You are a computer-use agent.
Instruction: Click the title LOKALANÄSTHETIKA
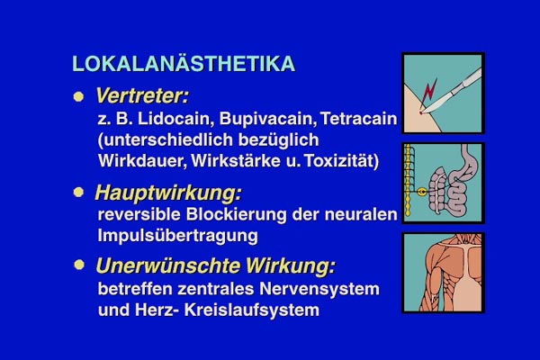pyautogui.click(x=184, y=63)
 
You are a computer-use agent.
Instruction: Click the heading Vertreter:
pyautogui.click(x=142, y=95)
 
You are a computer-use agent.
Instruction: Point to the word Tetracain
pyautogui.click(x=359, y=119)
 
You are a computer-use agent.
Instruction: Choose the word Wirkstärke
pyautogui.click(x=236, y=161)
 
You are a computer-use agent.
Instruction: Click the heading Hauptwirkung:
pyautogui.click(x=168, y=193)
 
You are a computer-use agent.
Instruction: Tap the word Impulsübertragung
pyautogui.click(x=177, y=236)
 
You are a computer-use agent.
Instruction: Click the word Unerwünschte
pyautogui.click(x=168, y=266)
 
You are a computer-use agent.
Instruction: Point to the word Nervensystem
pyautogui.click(x=319, y=289)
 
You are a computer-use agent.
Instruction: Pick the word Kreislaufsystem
pyautogui.click(x=252, y=310)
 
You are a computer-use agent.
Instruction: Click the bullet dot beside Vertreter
pyautogui.click(x=78, y=96)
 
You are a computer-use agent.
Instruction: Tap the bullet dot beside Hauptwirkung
pyautogui.click(x=78, y=192)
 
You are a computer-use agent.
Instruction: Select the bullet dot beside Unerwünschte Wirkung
pyautogui.click(x=79, y=265)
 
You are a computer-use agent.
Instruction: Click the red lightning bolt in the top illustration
pyautogui.click(x=428, y=92)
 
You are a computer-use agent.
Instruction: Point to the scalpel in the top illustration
pyautogui.click(x=451, y=91)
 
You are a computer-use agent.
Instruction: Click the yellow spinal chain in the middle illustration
pyautogui.click(x=408, y=180)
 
